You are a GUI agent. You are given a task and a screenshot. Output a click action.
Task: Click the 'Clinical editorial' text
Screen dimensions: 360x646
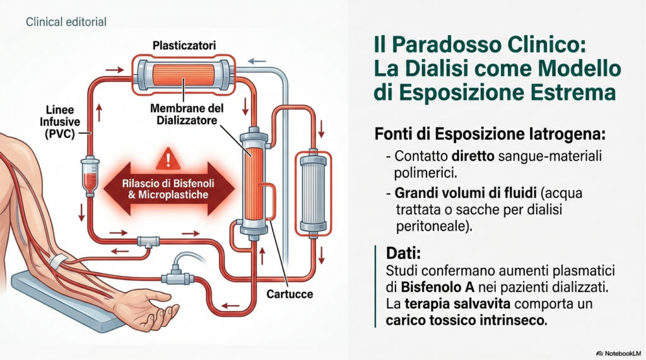pyautogui.click(x=66, y=22)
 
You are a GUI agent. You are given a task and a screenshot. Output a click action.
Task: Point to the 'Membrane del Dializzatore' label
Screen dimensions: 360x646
pyautogui.click(x=184, y=114)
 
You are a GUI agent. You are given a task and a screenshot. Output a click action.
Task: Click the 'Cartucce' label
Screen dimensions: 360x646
pyautogui.click(x=290, y=294)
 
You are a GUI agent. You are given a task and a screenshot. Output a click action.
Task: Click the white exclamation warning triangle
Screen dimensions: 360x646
pyautogui.click(x=168, y=158)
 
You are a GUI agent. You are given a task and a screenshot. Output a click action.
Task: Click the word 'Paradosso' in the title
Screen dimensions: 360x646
pyautogui.click(x=454, y=46)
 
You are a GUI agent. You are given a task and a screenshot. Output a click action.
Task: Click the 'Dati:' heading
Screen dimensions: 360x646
pyautogui.click(x=402, y=253)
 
